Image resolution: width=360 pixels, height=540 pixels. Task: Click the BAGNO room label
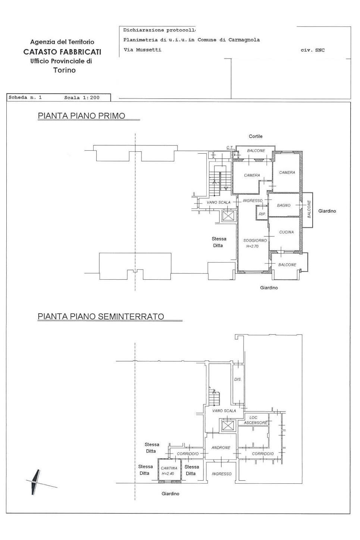(284, 205)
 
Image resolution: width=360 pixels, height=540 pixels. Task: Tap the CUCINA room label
(286, 232)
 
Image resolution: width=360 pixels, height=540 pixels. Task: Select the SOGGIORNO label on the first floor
(255, 241)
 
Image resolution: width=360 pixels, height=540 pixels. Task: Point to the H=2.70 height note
(252, 247)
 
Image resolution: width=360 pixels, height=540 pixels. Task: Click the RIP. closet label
(262, 214)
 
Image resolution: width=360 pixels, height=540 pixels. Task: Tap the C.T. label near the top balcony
(229, 148)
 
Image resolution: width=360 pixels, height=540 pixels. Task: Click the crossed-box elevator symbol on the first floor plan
(228, 216)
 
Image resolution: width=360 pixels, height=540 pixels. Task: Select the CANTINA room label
(169, 468)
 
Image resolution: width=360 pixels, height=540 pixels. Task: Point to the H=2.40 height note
(168, 474)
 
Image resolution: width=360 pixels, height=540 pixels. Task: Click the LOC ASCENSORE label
(256, 420)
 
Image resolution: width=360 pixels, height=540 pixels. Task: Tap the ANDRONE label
(221, 448)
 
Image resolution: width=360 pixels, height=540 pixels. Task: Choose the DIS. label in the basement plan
(238, 380)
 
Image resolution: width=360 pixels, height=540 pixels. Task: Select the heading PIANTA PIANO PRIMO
(81, 116)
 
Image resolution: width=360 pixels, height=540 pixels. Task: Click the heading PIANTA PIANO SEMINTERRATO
(101, 317)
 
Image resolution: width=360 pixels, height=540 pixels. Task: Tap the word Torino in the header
(64, 70)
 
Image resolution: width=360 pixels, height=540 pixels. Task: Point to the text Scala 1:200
(82, 98)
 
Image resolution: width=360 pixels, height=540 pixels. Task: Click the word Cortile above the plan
(256, 136)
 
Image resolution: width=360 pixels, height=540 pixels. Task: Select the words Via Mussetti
(142, 50)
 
